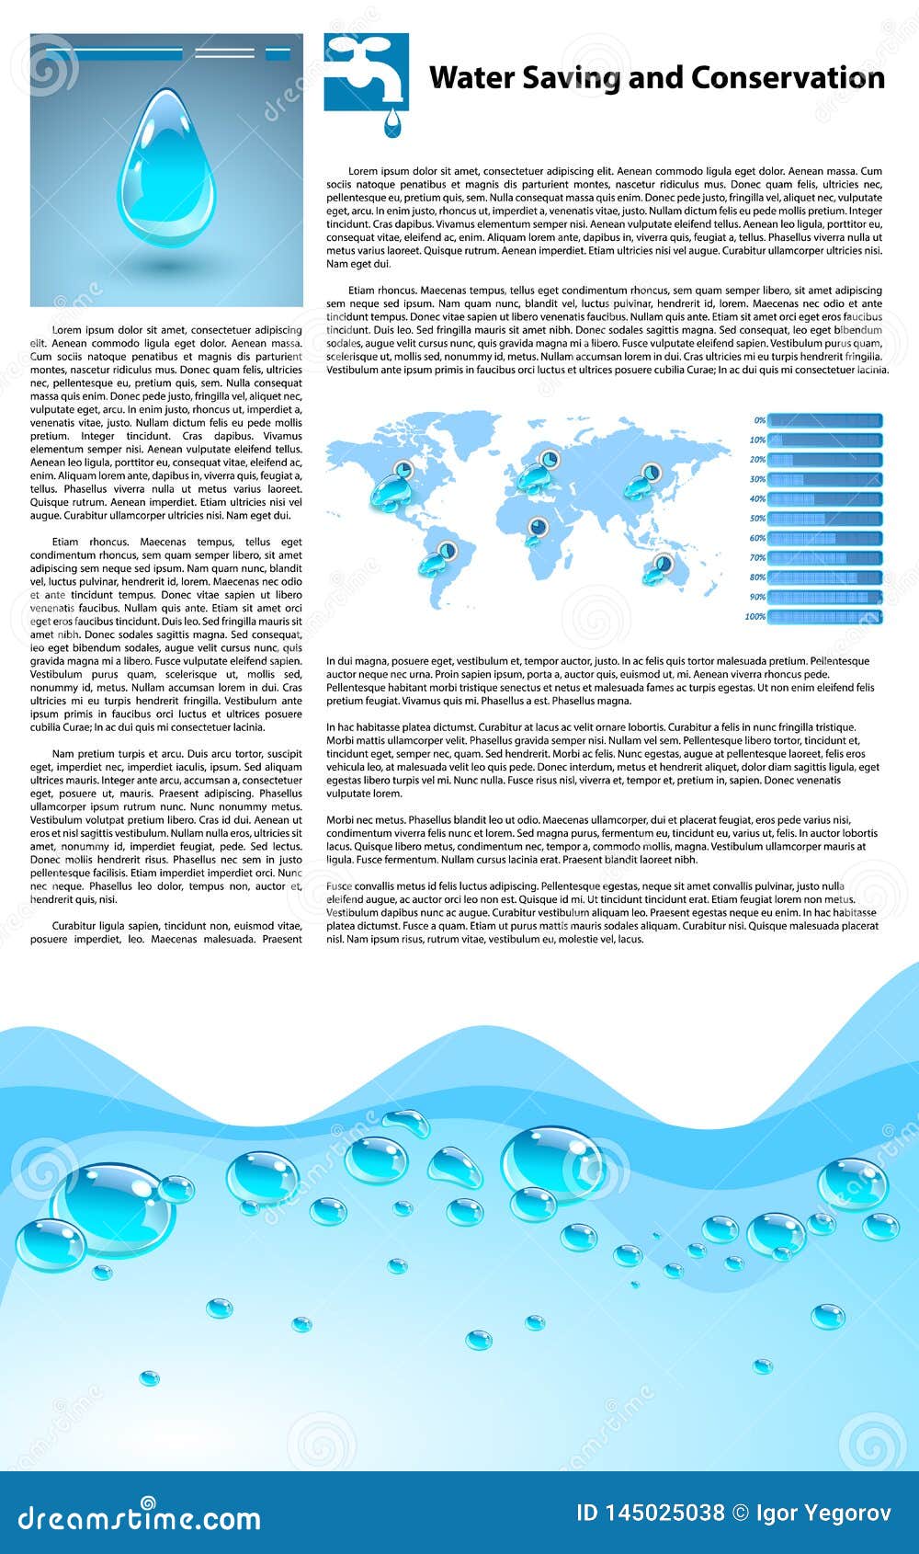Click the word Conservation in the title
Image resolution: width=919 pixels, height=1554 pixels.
coord(788,78)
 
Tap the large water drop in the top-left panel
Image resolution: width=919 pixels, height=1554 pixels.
coord(167,171)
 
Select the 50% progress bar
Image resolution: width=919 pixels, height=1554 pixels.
coord(824,519)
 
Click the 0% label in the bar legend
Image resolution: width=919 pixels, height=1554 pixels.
coord(759,420)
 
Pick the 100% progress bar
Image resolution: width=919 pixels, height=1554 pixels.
coord(824,617)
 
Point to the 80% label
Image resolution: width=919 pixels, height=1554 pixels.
coord(757,577)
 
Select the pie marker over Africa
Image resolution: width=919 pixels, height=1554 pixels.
coord(538,527)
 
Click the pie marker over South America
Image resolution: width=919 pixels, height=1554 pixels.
coord(447,551)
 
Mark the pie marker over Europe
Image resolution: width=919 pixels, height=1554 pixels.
coord(548,458)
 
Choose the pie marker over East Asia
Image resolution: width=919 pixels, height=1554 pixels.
coord(651,472)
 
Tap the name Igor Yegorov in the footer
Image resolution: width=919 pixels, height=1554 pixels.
coord(823,1514)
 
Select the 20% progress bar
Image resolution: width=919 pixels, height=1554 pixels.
coord(824,460)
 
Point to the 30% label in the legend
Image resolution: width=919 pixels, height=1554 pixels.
coord(757,479)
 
